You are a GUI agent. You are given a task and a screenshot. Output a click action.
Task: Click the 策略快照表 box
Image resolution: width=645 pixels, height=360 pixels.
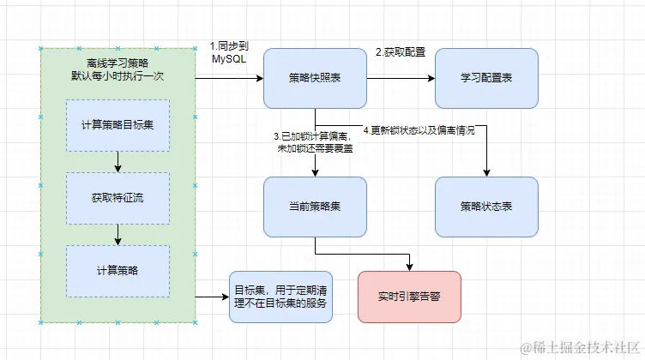(315, 78)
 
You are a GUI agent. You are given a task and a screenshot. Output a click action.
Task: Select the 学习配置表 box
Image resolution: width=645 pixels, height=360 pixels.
(486, 78)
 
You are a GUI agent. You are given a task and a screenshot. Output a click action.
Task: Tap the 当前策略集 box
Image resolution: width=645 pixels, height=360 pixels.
(315, 207)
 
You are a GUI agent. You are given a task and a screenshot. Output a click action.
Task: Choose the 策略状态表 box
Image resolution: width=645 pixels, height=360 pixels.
(486, 207)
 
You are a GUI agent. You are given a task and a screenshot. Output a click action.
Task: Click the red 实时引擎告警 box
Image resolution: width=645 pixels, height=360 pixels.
(409, 297)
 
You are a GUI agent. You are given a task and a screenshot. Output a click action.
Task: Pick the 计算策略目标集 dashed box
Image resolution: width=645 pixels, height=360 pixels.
(118, 126)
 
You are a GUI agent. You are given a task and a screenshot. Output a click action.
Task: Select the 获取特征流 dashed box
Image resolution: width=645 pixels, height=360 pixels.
(118, 198)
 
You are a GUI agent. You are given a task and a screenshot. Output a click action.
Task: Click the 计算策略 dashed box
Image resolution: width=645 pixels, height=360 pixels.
(118, 270)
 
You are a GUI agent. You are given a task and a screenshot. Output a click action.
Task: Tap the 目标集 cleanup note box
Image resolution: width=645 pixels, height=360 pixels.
(281, 297)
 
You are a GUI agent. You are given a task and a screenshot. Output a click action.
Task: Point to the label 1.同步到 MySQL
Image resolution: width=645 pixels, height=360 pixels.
(229, 52)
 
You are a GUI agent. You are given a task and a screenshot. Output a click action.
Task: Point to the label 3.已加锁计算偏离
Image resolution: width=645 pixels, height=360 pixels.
(314, 136)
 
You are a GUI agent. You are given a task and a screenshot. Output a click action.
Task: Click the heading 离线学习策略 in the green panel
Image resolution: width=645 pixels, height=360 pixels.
(118, 62)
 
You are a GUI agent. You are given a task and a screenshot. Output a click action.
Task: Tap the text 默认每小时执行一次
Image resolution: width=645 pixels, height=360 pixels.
(118, 75)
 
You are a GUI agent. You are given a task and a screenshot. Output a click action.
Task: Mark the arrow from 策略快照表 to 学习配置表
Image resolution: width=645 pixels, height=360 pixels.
(401, 78)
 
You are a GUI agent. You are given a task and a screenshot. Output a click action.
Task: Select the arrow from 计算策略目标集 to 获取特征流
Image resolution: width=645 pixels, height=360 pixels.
(118, 162)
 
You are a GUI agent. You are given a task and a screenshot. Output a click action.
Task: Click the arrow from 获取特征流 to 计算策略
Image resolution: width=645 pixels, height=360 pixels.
(118, 234)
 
